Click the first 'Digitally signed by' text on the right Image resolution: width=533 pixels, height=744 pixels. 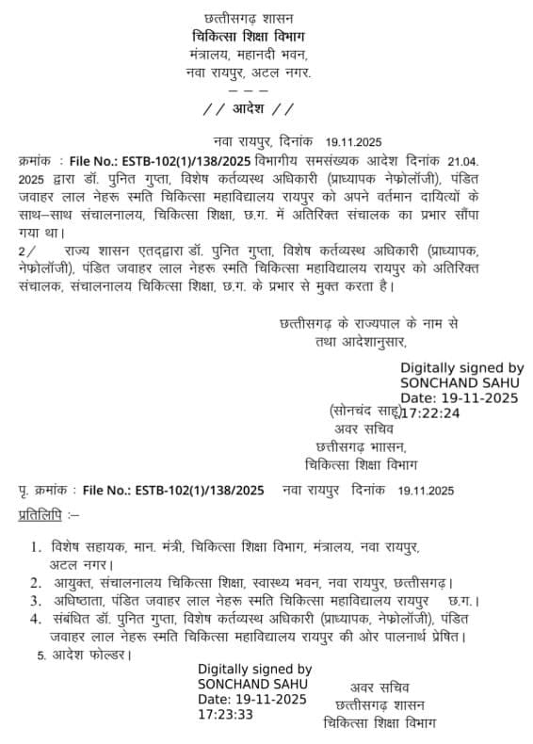461,368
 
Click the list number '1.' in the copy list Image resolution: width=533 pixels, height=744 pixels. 35,546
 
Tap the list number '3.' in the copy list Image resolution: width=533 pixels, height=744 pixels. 35,600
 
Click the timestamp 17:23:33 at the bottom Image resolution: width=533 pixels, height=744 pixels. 226,714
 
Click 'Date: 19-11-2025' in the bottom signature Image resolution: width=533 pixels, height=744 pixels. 252,699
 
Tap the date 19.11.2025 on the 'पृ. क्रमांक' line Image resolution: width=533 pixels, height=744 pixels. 426,490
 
